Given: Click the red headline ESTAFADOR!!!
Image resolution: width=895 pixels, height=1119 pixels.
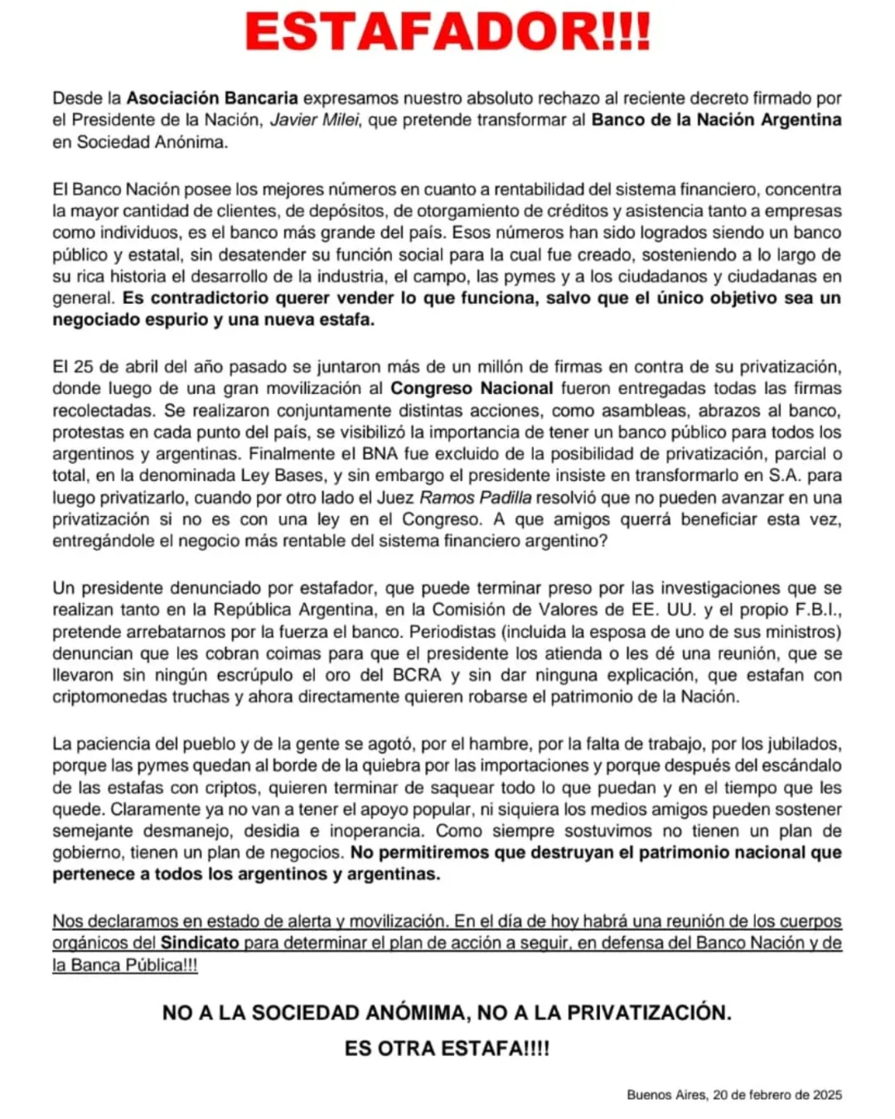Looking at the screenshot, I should pos(447,33).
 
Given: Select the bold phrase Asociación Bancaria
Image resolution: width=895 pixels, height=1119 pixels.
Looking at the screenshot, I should pos(212,99).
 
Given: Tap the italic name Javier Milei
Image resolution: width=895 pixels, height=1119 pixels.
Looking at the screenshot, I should pos(315,120).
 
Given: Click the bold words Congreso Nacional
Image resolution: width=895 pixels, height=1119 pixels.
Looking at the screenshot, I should pos(472,388).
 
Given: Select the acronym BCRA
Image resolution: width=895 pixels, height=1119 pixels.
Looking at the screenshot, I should pos(417,675).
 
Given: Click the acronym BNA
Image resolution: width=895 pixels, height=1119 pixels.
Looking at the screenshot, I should pos(380,454).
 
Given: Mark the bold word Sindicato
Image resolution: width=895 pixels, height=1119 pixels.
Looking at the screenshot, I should pos(200,943).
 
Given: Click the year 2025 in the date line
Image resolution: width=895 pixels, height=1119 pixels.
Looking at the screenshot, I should pos(826,1095).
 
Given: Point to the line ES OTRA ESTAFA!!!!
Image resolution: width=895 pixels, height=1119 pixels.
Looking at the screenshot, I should pos(447,1049).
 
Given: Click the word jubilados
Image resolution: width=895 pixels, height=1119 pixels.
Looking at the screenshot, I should pos(797,744).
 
